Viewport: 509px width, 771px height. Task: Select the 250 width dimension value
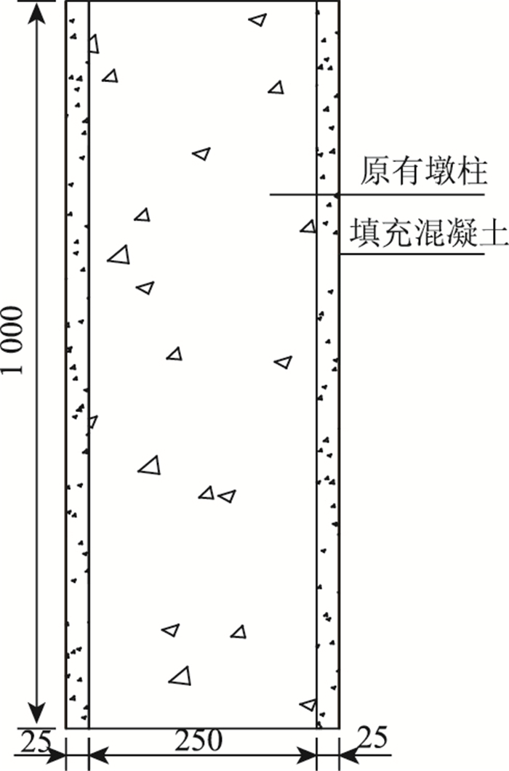[198, 741]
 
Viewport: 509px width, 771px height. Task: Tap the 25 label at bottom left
[33, 742]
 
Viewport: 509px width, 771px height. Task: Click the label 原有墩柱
[424, 174]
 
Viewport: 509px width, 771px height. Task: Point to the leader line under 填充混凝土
[412, 253]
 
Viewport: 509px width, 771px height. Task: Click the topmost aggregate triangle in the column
[257, 20]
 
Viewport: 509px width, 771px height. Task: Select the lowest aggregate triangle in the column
[308, 704]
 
